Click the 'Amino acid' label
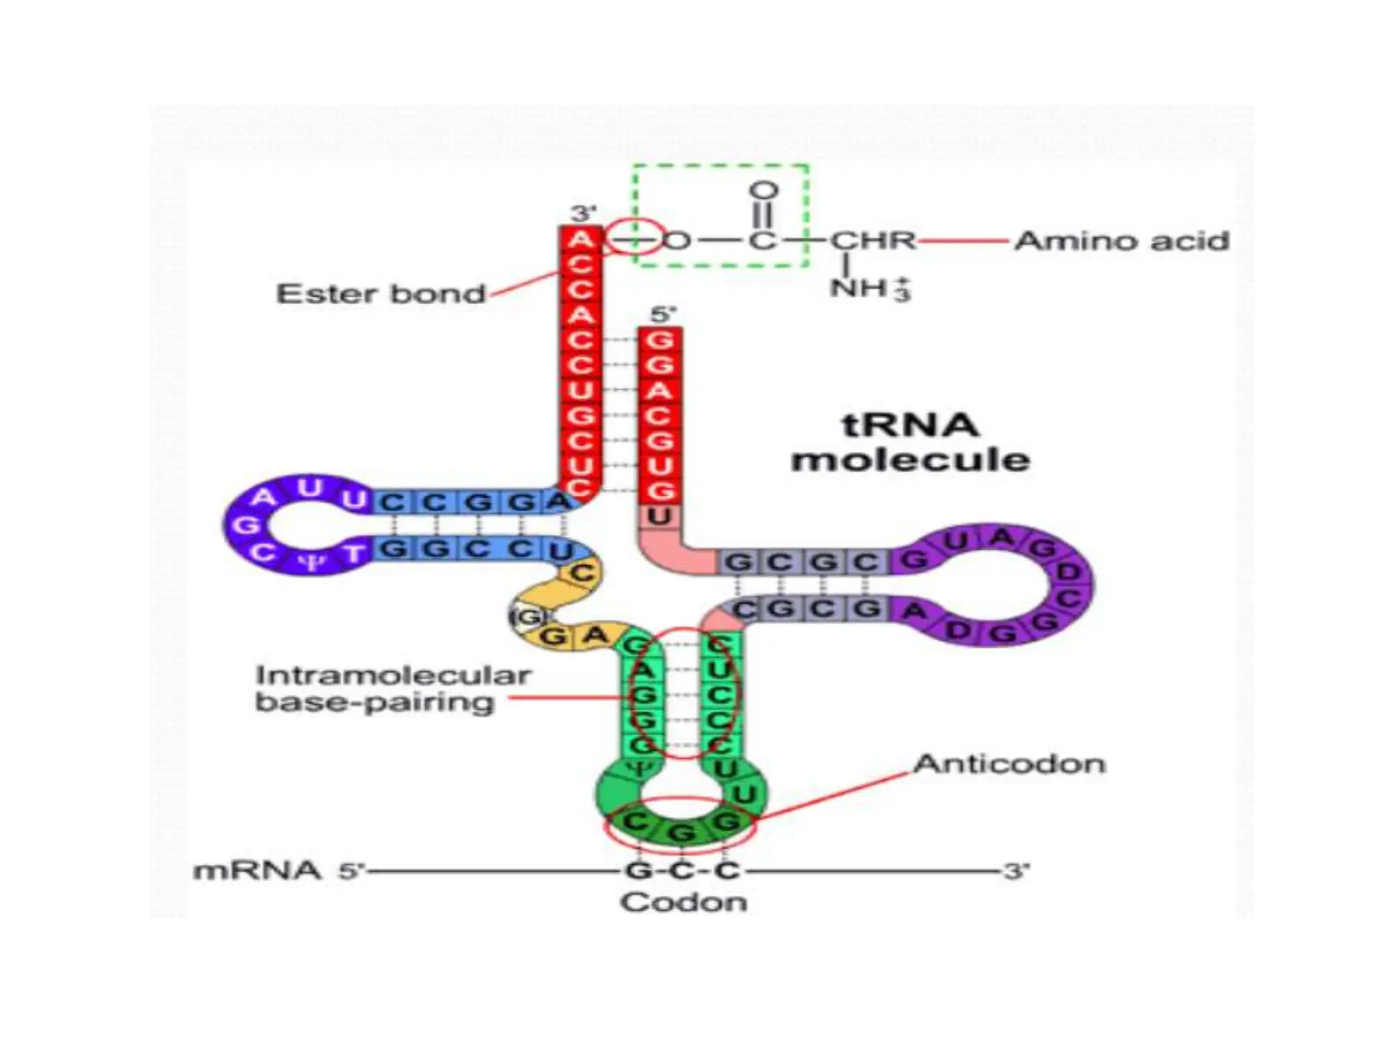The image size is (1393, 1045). click(1122, 242)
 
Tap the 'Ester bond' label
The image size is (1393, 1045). click(381, 295)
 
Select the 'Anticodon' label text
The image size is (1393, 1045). click(1009, 764)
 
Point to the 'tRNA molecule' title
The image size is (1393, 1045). click(910, 443)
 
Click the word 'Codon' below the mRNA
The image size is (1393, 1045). click(684, 903)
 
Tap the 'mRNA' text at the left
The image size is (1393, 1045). click(257, 871)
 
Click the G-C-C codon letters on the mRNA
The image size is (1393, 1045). click(682, 871)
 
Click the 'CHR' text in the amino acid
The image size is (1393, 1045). click(873, 241)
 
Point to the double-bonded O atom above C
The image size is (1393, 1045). click(763, 190)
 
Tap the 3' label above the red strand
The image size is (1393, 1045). click(583, 214)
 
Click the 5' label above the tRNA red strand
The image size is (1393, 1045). click(662, 315)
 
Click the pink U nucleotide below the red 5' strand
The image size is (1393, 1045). click(659, 517)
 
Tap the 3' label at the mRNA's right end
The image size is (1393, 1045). click(1016, 871)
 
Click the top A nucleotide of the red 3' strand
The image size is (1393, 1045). click(580, 239)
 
